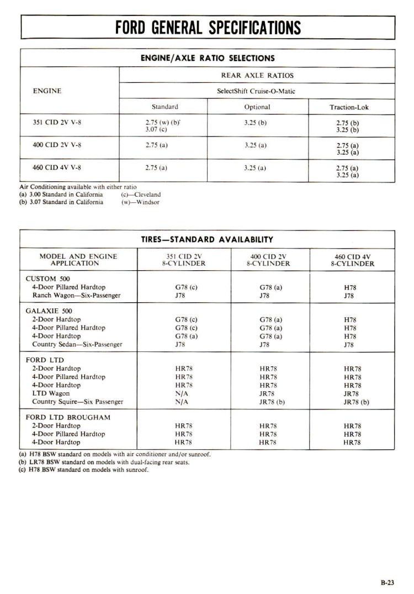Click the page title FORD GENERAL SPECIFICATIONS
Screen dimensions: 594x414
208,27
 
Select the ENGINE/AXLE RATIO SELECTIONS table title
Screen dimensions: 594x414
208,58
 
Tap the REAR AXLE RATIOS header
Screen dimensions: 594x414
257,75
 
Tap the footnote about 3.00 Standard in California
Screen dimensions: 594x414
61,195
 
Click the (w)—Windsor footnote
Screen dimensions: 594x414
140,202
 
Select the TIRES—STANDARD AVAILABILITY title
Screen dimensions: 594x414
208,239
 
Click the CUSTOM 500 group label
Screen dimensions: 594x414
48,279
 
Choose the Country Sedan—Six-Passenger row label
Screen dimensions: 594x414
77,344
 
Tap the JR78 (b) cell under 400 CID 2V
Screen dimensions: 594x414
272,402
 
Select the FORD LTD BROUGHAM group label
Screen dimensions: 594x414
68,417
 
